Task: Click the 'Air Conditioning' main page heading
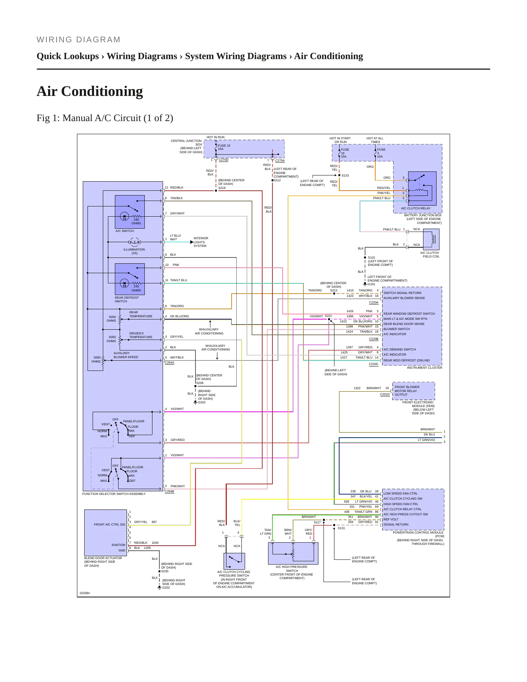[90, 91]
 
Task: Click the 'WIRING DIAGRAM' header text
[78, 40]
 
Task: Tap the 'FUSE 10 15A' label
[224, 147]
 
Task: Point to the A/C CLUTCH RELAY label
[415, 209]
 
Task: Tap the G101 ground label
[371, 284]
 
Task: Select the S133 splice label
[345, 175]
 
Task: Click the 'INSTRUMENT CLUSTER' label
[425, 368]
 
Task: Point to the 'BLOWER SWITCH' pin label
[396, 329]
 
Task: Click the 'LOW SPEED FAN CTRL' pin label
[400, 493]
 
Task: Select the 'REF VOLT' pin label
[391, 519]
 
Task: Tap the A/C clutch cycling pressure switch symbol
[234, 561]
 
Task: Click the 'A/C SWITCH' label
[124, 231]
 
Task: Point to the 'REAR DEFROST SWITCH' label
[127, 299]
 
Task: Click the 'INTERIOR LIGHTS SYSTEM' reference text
[201, 242]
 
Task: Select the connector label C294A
[169, 363]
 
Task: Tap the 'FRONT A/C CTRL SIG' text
[109, 524]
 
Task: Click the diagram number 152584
[84, 593]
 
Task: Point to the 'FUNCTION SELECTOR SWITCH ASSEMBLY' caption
[114, 494]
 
